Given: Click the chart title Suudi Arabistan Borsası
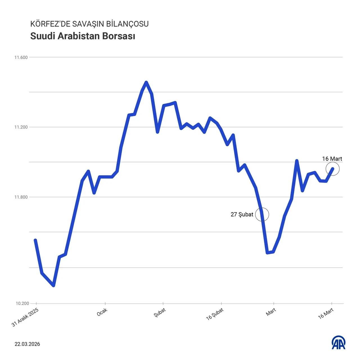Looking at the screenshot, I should click(x=83, y=36).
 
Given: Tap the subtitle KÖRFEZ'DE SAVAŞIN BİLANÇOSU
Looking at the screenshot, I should click(x=89, y=24).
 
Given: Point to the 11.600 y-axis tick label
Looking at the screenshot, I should click(x=21, y=57).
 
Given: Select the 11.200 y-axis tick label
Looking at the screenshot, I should click(x=21, y=127).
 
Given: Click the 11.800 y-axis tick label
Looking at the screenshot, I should click(x=21, y=197).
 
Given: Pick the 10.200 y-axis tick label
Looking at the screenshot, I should click(x=22, y=303).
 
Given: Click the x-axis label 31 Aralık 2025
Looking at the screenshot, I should click(x=25, y=318).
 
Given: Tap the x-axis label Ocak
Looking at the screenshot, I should click(x=102, y=312).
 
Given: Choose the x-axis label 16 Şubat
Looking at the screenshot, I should click(x=215, y=314).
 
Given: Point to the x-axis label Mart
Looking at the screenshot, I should click(x=271, y=312).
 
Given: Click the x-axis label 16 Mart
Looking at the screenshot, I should click(x=326, y=313).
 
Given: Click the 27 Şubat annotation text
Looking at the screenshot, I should click(x=242, y=215).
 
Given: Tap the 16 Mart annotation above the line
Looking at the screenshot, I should click(x=332, y=159).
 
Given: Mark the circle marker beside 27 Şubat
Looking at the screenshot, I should click(x=262, y=215).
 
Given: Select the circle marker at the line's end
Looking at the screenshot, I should click(x=333, y=169).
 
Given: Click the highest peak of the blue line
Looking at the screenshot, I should click(x=146, y=82).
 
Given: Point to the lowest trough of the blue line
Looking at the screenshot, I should click(x=53, y=285).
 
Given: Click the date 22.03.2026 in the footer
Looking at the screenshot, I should click(x=27, y=344).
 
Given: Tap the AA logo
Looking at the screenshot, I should click(x=339, y=343).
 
